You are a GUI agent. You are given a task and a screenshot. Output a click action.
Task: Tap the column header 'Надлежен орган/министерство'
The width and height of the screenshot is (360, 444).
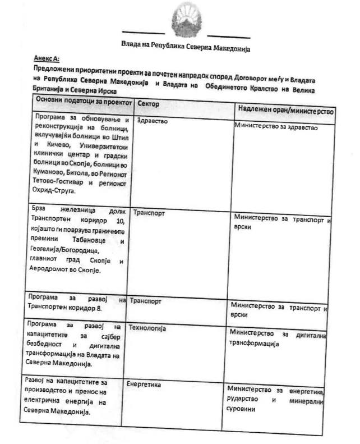(x=285, y=110)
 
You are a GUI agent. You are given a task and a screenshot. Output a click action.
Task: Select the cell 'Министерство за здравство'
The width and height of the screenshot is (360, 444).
(x=275, y=127)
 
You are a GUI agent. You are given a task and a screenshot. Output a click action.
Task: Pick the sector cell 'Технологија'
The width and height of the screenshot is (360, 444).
(x=147, y=328)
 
